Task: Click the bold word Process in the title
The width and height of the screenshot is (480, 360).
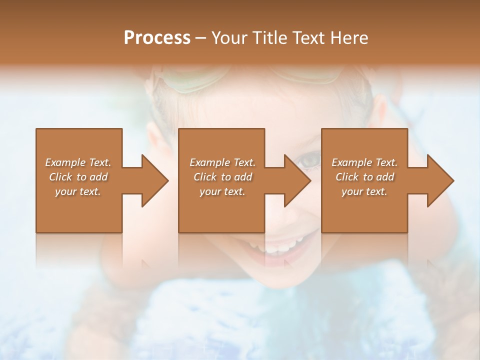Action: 157,38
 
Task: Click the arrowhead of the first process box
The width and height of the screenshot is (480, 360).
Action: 155,180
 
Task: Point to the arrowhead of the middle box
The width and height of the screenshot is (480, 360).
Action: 298,180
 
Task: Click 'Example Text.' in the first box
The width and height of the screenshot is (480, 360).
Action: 78,162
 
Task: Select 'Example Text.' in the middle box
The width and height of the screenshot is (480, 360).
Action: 222,162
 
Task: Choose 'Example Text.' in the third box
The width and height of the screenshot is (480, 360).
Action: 364,162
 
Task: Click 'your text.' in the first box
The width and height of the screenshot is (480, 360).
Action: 78,191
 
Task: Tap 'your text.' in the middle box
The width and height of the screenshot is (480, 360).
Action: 222,191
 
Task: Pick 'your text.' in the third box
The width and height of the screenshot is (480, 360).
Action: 364,191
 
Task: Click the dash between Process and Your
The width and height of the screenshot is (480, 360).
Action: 200,38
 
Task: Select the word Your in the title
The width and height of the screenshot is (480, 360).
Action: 228,38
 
